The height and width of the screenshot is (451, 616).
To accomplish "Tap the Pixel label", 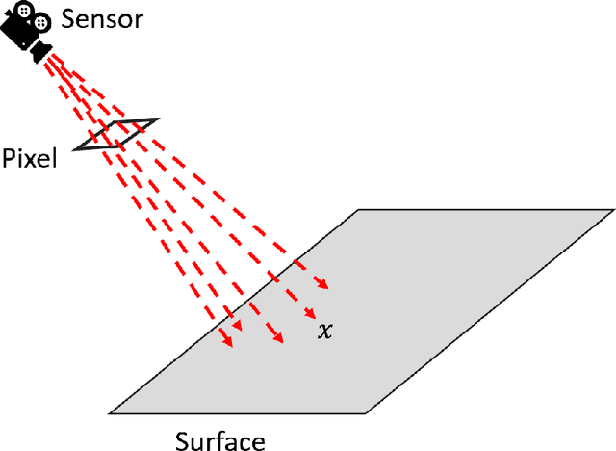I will [29, 157].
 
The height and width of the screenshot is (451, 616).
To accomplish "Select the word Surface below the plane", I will [219, 440].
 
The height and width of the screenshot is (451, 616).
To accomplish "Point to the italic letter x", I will [325, 331].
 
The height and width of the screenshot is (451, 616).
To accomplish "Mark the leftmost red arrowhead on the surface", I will [230, 345].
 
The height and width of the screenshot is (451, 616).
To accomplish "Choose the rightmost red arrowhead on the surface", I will [326, 285].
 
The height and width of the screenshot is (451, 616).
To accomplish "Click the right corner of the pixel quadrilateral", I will [157, 119].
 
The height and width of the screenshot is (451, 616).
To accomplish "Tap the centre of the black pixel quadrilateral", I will [116, 134].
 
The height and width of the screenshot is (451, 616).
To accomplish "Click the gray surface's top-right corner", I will [613, 209].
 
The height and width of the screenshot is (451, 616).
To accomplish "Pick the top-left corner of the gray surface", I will [359, 209].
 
